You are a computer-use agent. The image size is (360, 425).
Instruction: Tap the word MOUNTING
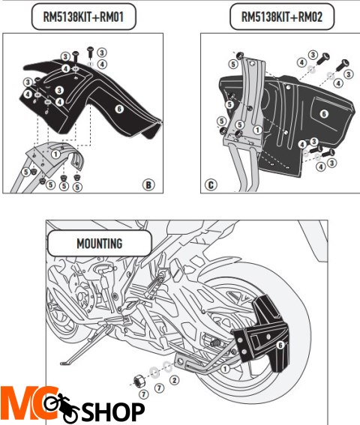tap(99, 244)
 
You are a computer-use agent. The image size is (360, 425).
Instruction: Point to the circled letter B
tap(148, 183)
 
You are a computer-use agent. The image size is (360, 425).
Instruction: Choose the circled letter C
tap(210, 183)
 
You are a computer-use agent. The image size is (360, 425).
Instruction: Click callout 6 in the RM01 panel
tap(118, 109)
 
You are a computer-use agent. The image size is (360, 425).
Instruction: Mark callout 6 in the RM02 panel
tap(323, 113)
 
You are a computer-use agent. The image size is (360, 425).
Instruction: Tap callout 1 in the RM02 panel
tap(257, 129)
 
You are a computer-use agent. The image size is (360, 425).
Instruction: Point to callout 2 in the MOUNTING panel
tap(172, 380)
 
